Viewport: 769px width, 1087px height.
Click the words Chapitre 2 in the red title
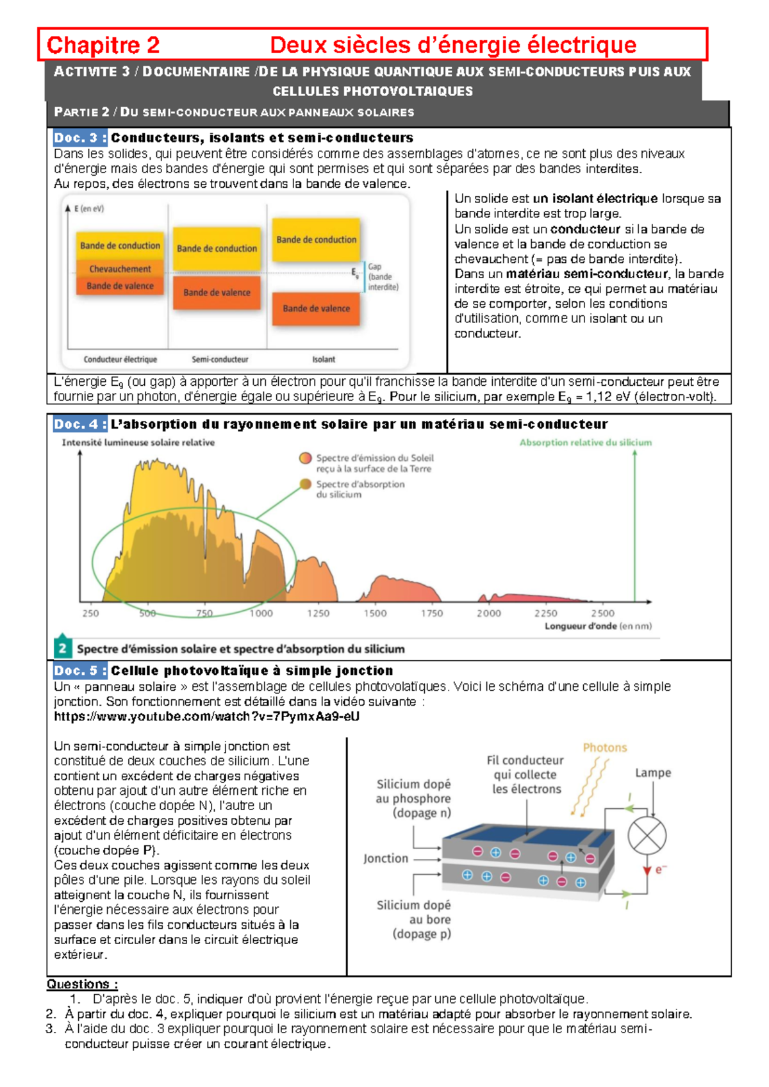point(103,45)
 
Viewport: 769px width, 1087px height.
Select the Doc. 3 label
point(80,138)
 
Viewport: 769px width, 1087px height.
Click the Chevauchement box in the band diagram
point(120,269)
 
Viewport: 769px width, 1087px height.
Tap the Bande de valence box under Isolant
point(316,308)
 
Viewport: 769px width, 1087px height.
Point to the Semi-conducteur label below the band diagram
point(220,360)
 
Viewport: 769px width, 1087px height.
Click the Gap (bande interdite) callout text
point(383,277)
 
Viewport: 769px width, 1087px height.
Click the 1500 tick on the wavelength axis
point(375,613)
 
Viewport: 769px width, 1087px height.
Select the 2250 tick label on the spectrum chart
point(545,613)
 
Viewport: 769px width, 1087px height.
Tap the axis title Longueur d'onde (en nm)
point(598,626)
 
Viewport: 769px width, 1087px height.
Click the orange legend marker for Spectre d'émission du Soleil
point(305,458)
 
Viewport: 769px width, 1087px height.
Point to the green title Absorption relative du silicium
point(585,442)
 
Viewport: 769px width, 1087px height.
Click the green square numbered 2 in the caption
point(62,648)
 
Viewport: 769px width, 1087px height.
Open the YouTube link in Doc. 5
point(206,717)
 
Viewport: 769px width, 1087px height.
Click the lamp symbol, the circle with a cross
point(647,836)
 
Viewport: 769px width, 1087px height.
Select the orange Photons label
point(604,747)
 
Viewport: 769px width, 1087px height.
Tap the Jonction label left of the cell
point(385,858)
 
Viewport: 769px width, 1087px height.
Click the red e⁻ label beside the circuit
point(661,870)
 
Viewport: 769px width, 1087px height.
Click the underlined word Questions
point(81,984)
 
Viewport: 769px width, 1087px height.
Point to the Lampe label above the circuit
point(652,773)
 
